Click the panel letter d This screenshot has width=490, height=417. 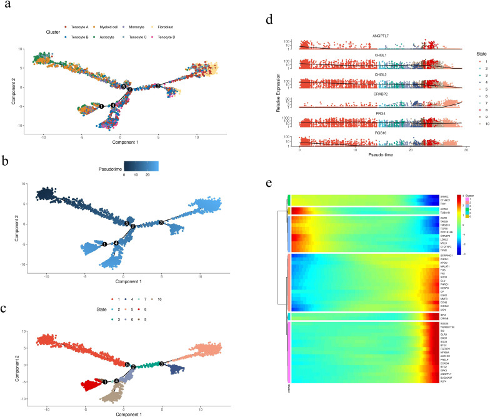coord(269,18)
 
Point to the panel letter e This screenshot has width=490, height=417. coord(269,184)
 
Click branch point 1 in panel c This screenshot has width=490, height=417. coord(105,381)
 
